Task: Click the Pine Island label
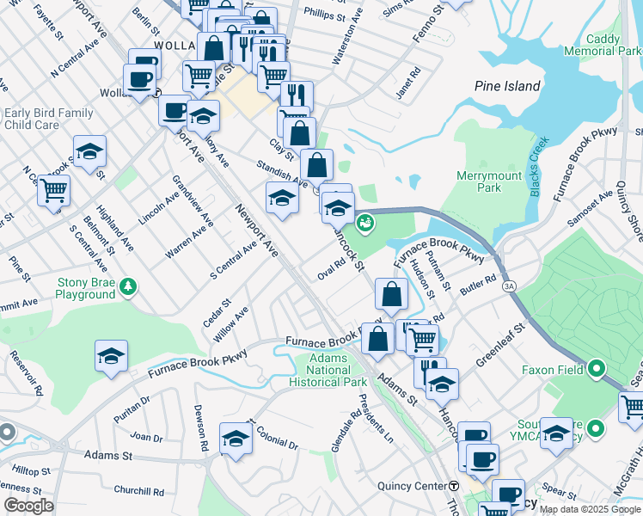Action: (x=507, y=86)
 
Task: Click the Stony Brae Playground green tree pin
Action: (x=128, y=286)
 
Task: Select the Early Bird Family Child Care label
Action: (x=48, y=119)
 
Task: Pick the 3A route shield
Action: (x=510, y=286)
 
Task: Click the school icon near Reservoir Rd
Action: (x=111, y=356)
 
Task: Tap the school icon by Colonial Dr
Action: (x=236, y=439)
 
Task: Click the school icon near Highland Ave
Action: (x=89, y=151)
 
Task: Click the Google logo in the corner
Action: (x=29, y=506)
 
